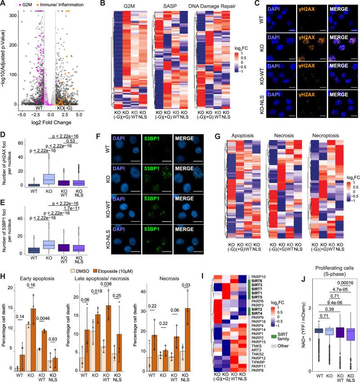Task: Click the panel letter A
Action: pyautogui.click(x=4, y=4)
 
